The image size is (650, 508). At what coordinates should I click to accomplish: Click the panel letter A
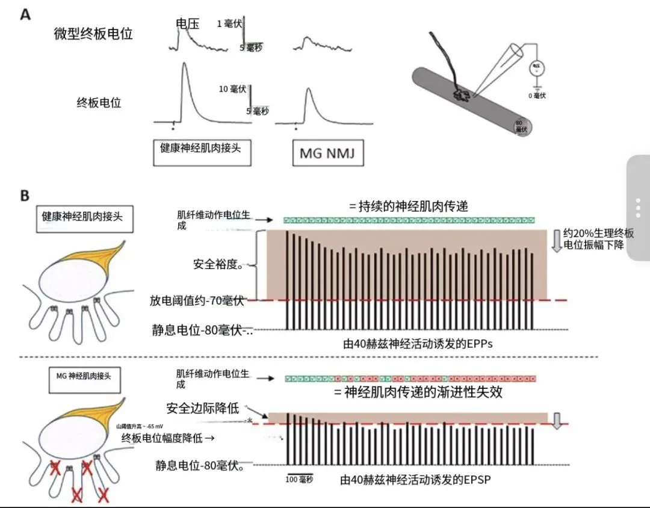click(25, 14)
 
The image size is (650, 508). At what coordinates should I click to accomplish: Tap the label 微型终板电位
click(93, 34)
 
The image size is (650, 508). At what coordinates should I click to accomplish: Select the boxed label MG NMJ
click(327, 153)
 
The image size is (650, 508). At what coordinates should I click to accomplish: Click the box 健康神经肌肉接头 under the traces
click(200, 147)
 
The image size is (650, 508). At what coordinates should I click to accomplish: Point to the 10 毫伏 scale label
click(232, 89)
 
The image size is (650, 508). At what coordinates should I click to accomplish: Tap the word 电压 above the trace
click(187, 23)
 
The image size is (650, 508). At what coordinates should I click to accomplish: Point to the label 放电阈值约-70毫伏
click(199, 299)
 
